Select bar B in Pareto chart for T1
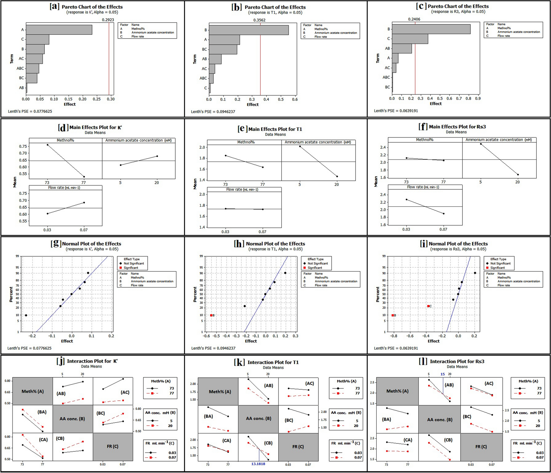pyautogui.click(x=248, y=30)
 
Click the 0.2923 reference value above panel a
pyautogui.click(x=108, y=20)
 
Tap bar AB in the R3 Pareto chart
pyautogui.click(x=402, y=49)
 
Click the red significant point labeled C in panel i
pyautogui.click(x=428, y=306)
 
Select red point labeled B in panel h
pyautogui.click(x=211, y=315)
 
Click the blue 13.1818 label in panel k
pyautogui.click(x=258, y=464)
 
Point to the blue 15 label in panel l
pyautogui.click(x=442, y=374)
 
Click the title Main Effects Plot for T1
pyautogui.click(x=275, y=129)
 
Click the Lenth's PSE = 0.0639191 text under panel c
pyautogui.click(x=396, y=111)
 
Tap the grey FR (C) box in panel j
pyautogui.click(x=113, y=446)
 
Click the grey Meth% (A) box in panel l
pyautogui.click(x=397, y=391)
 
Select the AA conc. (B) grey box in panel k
pyautogui.click(x=258, y=418)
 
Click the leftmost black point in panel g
pyautogui.click(x=26, y=315)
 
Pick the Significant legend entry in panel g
pyautogui.click(x=131, y=268)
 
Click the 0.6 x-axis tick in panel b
pyautogui.click(x=295, y=99)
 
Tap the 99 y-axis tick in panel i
pyautogui.click(x=384, y=256)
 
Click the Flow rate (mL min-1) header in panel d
pyautogui.click(x=64, y=188)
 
